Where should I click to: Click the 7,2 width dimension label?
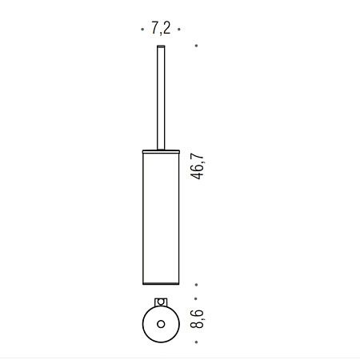tap(161, 28)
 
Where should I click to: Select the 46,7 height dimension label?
tap(197, 166)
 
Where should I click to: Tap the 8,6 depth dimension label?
tap(197, 319)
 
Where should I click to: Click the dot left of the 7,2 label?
tap(142, 29)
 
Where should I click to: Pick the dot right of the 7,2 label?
tap(179, 29)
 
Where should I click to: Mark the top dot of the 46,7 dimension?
tap(196, 46)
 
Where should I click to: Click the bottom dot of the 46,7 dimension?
tap(196, 285)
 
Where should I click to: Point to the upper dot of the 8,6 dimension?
tap(196, 298)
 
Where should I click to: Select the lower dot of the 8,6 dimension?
tap(196, 342)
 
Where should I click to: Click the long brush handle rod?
tap(161, 98)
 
